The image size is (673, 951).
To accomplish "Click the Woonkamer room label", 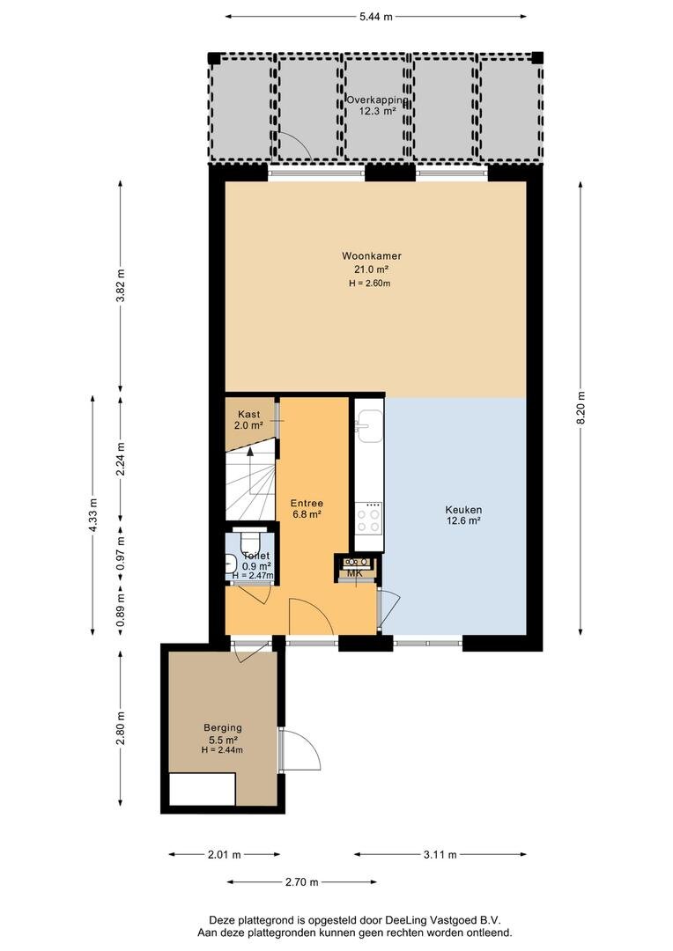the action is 372,256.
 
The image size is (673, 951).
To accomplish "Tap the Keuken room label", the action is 463,510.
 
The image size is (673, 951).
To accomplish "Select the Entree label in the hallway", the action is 307,503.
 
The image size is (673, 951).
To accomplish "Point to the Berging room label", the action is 223,728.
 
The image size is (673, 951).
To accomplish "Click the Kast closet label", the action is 248,414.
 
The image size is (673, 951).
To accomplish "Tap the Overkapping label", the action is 377,100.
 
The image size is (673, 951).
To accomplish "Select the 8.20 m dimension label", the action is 581,408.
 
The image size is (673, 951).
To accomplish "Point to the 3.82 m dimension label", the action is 120,285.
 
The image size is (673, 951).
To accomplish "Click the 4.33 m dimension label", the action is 92,515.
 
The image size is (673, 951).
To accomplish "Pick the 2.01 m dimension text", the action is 225,854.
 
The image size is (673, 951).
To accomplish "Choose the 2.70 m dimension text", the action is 301,881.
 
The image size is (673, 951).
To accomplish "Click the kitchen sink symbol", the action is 370,425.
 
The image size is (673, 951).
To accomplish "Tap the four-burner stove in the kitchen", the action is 368,520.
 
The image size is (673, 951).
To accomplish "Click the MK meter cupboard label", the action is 354,573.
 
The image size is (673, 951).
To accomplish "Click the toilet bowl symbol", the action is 250,540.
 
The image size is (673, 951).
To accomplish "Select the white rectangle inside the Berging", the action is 202,789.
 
